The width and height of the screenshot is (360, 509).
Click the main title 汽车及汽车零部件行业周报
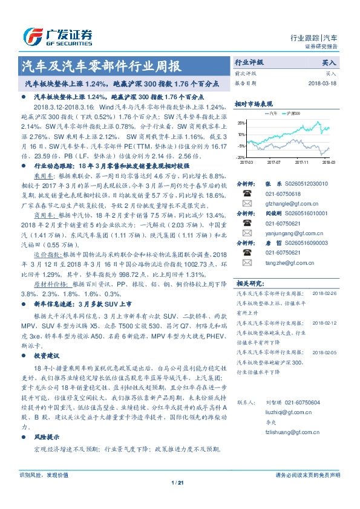[100, 66]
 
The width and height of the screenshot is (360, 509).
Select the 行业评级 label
[249, 62]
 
